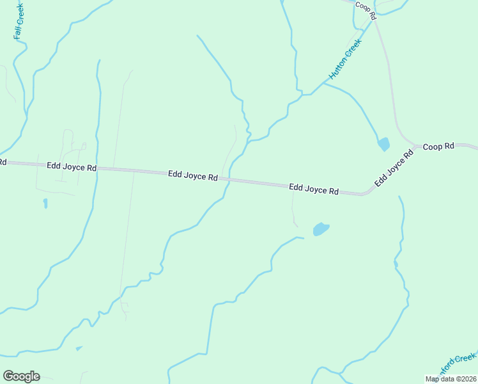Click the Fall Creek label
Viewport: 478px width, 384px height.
point(19,21)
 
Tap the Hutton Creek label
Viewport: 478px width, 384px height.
point(345,59)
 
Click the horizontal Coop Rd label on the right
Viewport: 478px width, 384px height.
point(438,146)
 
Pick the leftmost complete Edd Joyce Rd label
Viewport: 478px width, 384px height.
point(72,166)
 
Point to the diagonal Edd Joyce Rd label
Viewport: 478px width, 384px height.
point(390,168)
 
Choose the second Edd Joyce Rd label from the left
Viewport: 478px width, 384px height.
point(193,175)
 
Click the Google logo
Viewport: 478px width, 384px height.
point(21,376)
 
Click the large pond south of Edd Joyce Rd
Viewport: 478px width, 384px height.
point(321,228)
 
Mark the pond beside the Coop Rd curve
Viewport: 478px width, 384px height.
point(383,144)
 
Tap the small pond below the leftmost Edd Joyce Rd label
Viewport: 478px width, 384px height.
point(45,204)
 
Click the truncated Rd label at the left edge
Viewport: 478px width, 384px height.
point(3,162)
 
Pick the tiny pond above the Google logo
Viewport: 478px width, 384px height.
point(79,348)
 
